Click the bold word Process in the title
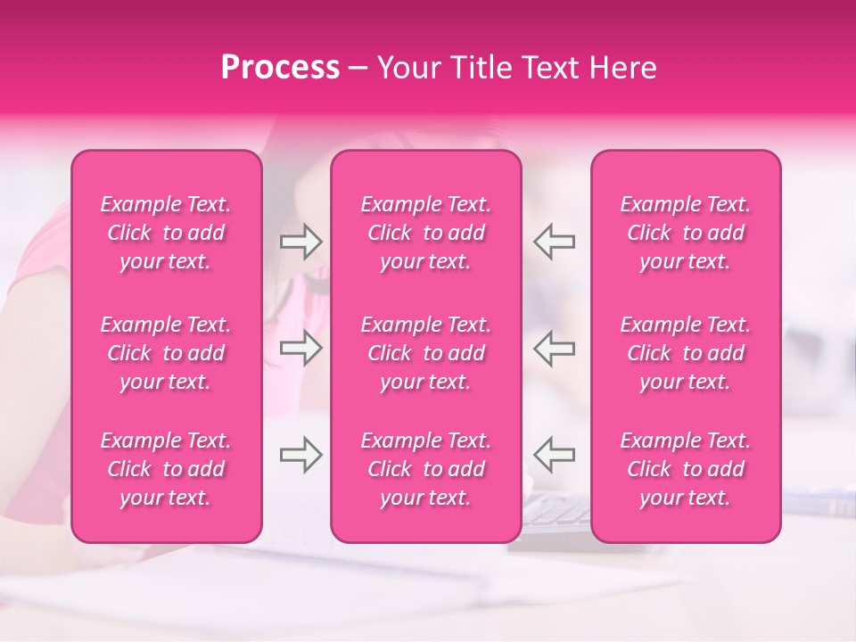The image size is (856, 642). coord(280,68)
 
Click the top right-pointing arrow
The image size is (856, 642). coord(301,242)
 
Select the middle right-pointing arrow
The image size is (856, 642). coord(301,348)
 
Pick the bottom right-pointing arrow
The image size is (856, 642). coord(301,455)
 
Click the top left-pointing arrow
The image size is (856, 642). coord(555,242)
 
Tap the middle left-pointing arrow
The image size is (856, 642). coord(555,348)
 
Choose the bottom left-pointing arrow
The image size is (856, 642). coord(555,455)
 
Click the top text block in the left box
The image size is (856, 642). coord(166,233)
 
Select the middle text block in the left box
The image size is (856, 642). coord(166,353)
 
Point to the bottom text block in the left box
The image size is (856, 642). coord(166,469)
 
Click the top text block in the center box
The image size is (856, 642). coord(426,233)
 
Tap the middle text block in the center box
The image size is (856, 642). coord(426,353)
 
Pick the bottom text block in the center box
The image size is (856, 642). coord(426,469)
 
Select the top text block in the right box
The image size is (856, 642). coord(686,233)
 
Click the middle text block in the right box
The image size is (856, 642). coord(686,353)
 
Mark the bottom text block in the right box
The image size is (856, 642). coord(686,469)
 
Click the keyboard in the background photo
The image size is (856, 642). coord(556,513)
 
